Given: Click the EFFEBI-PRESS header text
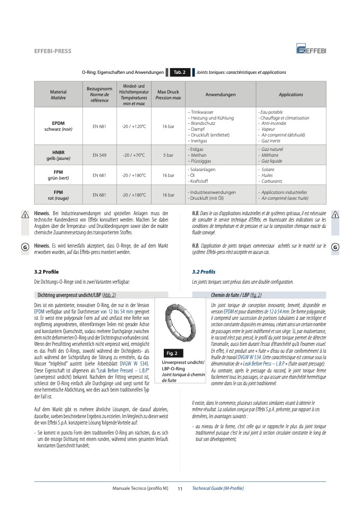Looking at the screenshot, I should pyautogui.click(x=52, y=52).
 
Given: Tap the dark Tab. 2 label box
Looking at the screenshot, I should pyautogui.click(x=179, y=72).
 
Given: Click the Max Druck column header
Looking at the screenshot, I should pyautogui.click(x=168, y=95).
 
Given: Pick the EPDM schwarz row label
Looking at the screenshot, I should pyautogui.click(x=58, y=126).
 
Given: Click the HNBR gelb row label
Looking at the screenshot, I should pyautogui.click(x=58, y=155).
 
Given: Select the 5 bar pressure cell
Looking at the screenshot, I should pyautogui.click(x=168, y=155).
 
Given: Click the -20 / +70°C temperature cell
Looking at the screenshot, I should pyautogui.click(x=133, y=155).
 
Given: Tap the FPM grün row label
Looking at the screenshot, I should pyautogui.click(x=58, y=175).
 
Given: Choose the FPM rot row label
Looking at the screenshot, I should pyautogui.click(x=58, y=194).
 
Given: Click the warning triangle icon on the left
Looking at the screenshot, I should pyautogui.click(x=24, y=214).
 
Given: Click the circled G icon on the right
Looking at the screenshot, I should pyautogui.click(x=335, y=248).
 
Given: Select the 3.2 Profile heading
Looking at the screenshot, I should pyautogui.click(x=46, y=272).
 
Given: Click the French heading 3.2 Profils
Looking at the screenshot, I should pyautogui.click(x=203, y=272).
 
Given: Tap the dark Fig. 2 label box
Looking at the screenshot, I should pyautogui.click(x=172, y=353).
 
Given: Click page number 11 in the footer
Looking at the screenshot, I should pyautogui.click(x=180, y=488).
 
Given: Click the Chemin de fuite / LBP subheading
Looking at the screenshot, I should pyautogui.click(x=236, y=295).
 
